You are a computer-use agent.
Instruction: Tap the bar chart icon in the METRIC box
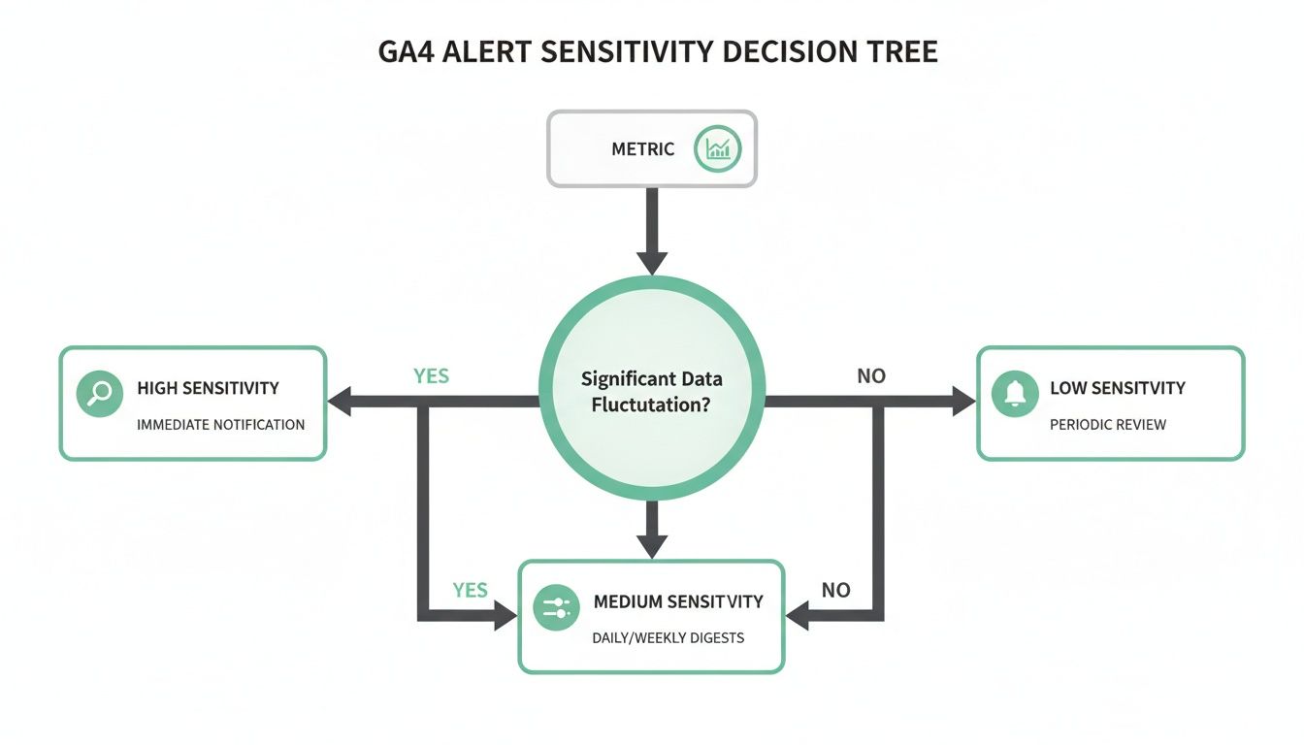718,148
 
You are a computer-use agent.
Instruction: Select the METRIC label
642,149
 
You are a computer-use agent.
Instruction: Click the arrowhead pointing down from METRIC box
652,261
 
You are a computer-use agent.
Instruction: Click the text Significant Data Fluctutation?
651,391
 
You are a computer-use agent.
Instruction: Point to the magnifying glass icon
99,394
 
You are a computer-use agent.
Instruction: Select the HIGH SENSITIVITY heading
208,388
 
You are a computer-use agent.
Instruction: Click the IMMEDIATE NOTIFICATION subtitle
221,424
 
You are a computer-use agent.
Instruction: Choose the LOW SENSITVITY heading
1118,388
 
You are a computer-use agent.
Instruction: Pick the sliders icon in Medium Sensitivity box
557,608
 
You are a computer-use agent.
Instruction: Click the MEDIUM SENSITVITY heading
678,601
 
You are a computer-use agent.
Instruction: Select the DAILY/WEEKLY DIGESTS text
668,637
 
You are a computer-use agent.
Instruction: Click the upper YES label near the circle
431,375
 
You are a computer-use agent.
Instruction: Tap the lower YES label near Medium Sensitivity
470,590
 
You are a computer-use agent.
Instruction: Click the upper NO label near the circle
871,375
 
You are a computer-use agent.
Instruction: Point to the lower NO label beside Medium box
835,590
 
